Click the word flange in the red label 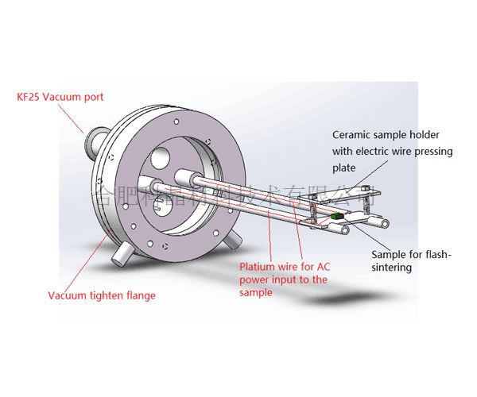click(x=139, y=296)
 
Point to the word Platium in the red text click(x=256, y=268)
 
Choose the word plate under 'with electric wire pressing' click(x=343, y=168)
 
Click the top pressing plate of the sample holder click(x=364, y=191)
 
